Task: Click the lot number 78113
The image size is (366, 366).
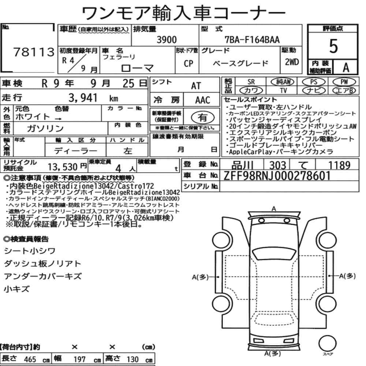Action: [34, 52]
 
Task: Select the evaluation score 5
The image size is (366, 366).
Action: [333, 46]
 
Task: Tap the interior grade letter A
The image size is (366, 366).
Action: [346, 68]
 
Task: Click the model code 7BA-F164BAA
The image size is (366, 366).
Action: [252, 40]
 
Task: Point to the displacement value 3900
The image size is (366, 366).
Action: [167, 40]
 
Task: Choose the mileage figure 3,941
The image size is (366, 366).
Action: [83, 98]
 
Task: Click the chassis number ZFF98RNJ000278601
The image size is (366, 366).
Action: [277, 176]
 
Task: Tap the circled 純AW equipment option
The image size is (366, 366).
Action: [283, 82]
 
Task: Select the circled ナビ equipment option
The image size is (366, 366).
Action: [314, 90]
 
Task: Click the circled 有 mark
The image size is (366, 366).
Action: [203, 117]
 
